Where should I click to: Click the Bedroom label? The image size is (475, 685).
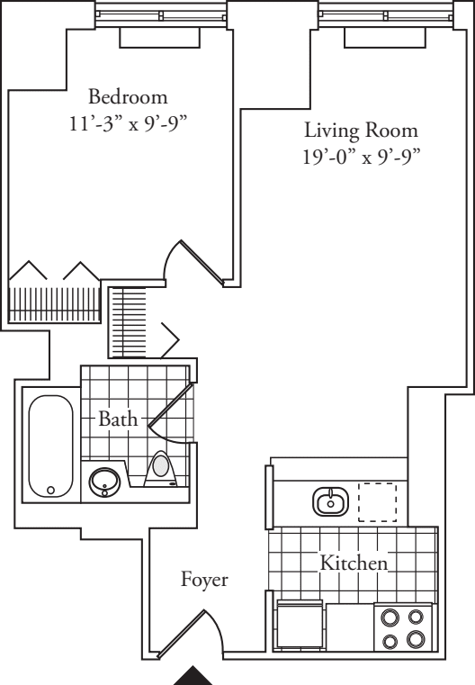(x=128, y=95)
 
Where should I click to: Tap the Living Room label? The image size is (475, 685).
(x=361, y=131)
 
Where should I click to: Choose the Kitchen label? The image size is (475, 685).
(x=354, y=563)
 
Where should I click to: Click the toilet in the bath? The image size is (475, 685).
(x=162, y=469)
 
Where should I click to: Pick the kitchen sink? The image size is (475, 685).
(x=330, y=500)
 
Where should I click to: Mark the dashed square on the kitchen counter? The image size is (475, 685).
(x=377, y=501)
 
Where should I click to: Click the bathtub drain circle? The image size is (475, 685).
(x=50, y=490)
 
